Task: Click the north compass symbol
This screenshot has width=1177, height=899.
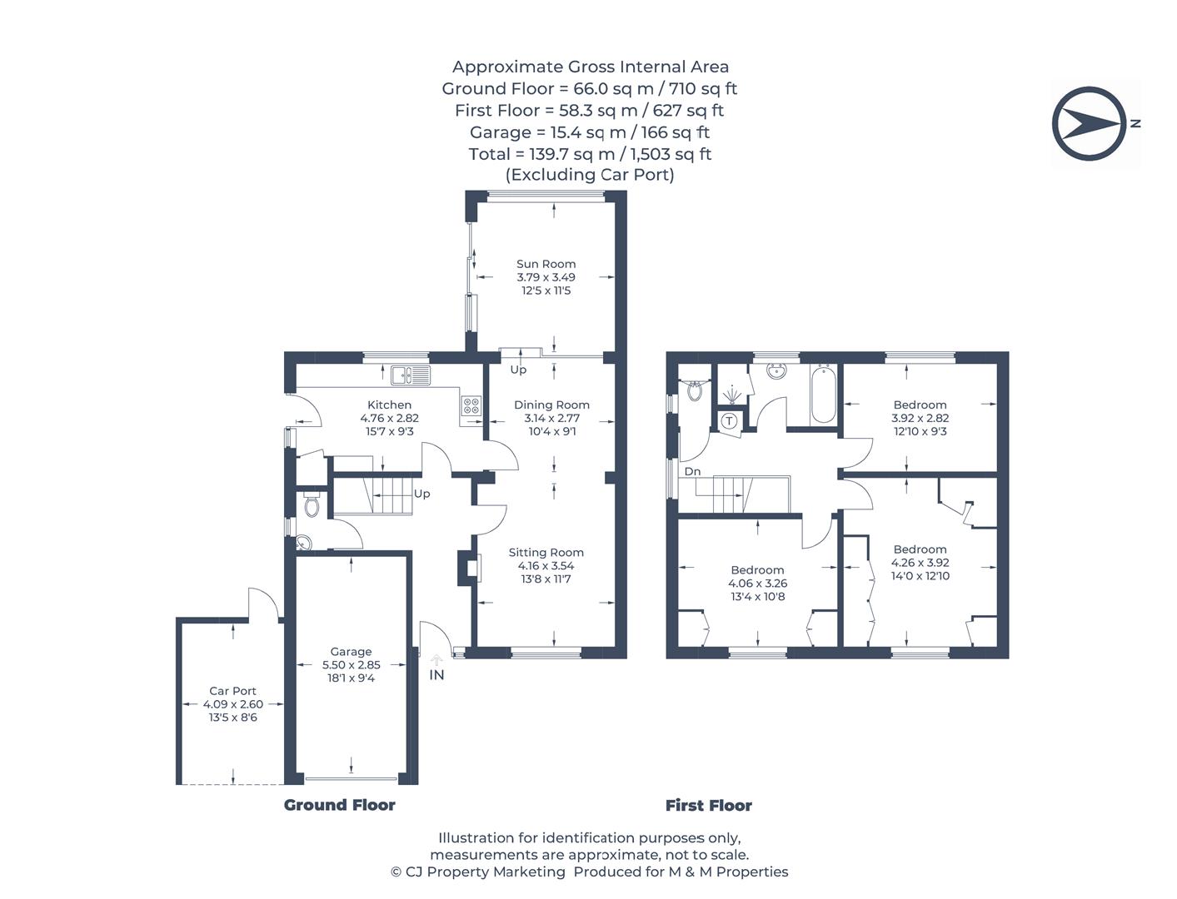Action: [1089, 123]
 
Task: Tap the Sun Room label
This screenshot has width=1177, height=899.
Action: [546, 264]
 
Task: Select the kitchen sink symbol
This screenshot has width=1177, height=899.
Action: [410, 375]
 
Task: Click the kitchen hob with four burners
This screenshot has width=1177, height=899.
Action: [471, 405]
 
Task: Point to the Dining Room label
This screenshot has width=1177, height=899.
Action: [551, 405]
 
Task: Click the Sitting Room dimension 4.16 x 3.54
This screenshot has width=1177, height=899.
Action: [546, 565]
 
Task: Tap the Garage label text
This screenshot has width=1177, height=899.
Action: [351, 652]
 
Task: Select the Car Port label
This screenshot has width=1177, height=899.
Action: [232, 691]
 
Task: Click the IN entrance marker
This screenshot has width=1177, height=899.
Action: [436, 675]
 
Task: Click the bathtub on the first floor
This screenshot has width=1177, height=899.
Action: [823, 394]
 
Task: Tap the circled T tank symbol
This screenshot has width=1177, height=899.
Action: [729, 420]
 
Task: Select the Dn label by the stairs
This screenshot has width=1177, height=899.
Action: [692, 471]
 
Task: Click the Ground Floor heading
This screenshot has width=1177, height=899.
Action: [339, 805]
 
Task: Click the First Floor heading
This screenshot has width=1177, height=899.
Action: [708, 805]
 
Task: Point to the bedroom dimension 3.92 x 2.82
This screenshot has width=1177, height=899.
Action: [920, 418]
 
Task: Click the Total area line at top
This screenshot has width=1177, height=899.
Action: [590, 154]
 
